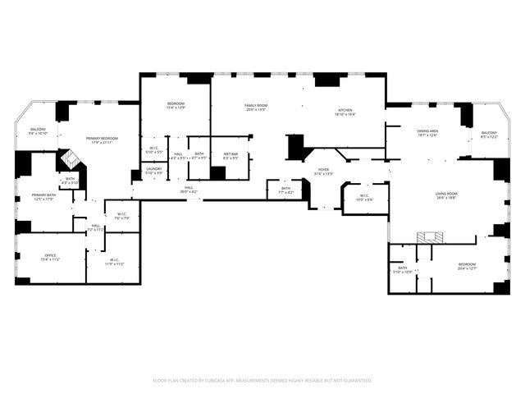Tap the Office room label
[x=51, y=257]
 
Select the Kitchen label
[x=345, y=112]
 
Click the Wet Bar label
[x=231, y=156]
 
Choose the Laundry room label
[x=154, y=171]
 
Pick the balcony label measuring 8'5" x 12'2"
[x=489, y=135]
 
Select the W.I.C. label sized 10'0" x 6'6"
[x=365, y=198]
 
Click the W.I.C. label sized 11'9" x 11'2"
[x=114, y=263]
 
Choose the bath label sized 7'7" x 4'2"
[x=285, y=190]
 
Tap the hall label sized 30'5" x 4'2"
[x=189, y=190]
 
